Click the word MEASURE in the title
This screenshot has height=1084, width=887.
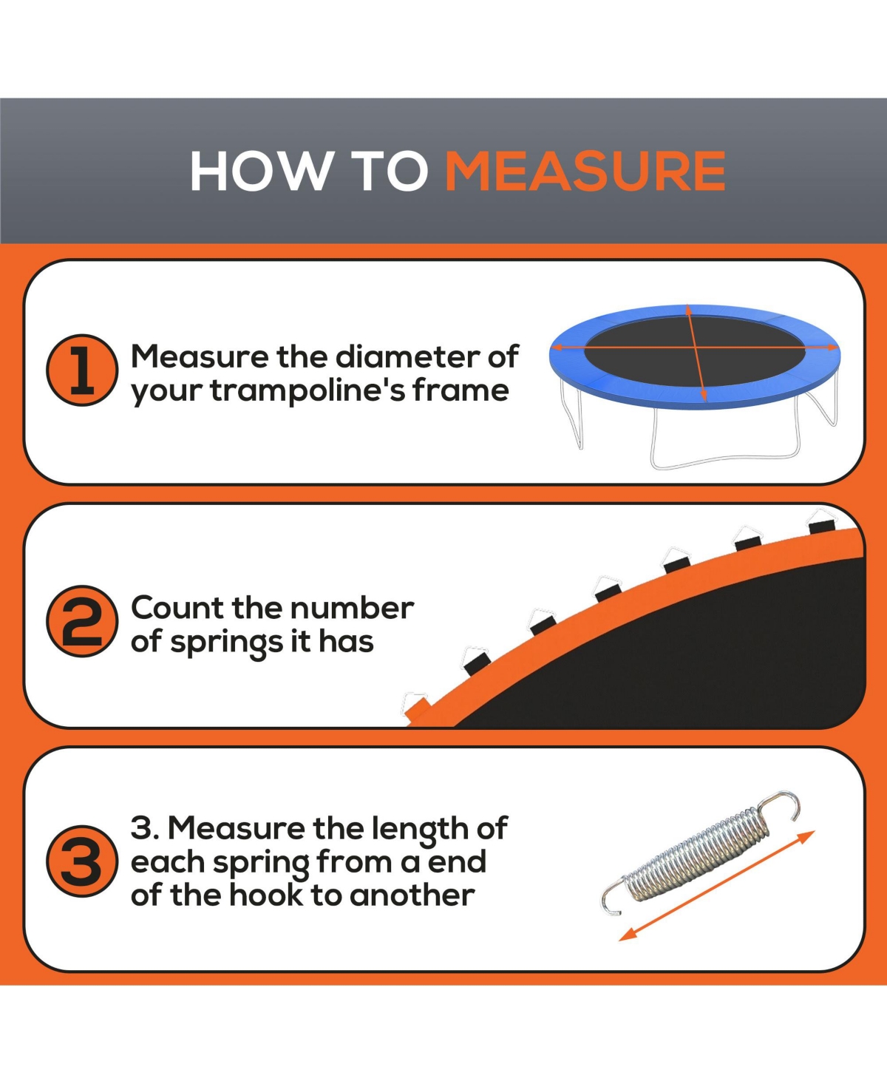click(585, 172)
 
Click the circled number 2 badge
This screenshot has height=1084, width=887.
click(82, 622)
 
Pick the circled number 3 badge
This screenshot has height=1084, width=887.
click(82, 861)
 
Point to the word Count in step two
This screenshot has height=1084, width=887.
click(177, 608)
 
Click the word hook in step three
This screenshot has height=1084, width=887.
click(266, 895)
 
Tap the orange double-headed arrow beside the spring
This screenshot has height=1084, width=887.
click(717, 885)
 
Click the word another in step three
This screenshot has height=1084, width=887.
click(412, 895)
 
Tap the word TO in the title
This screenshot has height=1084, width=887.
click(389, 172)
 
